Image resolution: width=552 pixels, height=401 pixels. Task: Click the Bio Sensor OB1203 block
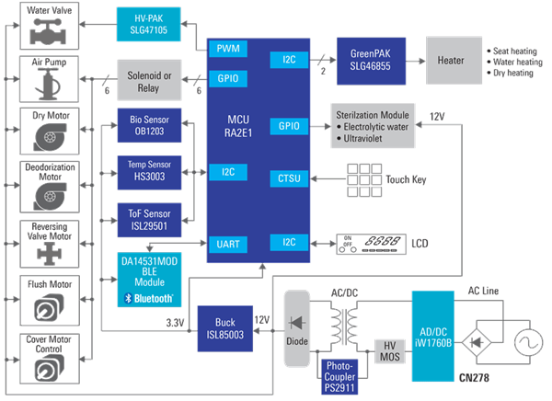(150, 126)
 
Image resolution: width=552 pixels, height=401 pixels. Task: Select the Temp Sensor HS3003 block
(150, 169)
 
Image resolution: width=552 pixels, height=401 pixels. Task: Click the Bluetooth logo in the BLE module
(148, 298)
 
